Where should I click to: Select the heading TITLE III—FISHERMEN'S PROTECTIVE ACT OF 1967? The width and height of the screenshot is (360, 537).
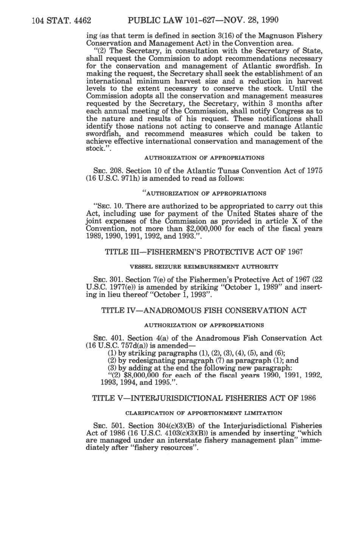(x=202, y=253)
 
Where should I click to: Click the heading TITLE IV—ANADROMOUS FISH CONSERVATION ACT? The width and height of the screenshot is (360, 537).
(x=204, y=311)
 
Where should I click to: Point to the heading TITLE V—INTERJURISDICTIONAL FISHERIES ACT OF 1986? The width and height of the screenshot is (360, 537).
(x=204, y=398)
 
